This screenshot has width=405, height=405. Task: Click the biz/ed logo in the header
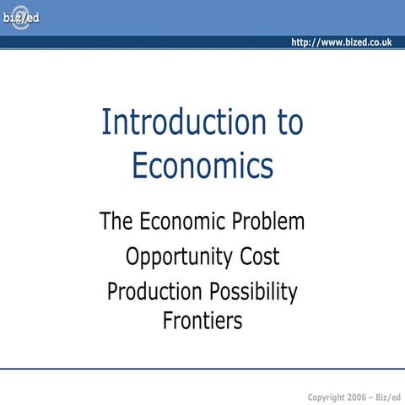[x=20, y=18]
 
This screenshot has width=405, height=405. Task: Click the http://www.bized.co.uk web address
[x=341, y=42]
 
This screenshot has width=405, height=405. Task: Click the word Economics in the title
[x=202, y=165]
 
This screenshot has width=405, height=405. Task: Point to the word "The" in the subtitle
[x=117, y=222]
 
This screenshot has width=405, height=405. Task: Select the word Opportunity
[x=179, y=257]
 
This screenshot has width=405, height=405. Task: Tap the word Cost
[x=258, y=256]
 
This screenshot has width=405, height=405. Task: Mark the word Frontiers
[x=202, y=321]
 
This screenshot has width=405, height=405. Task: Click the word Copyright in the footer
[x=327, y=396]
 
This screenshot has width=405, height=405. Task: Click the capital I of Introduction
[x=105, y=123]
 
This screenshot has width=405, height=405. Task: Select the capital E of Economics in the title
[x=140, y=165]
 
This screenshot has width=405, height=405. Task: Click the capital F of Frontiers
[x=168, y=321]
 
